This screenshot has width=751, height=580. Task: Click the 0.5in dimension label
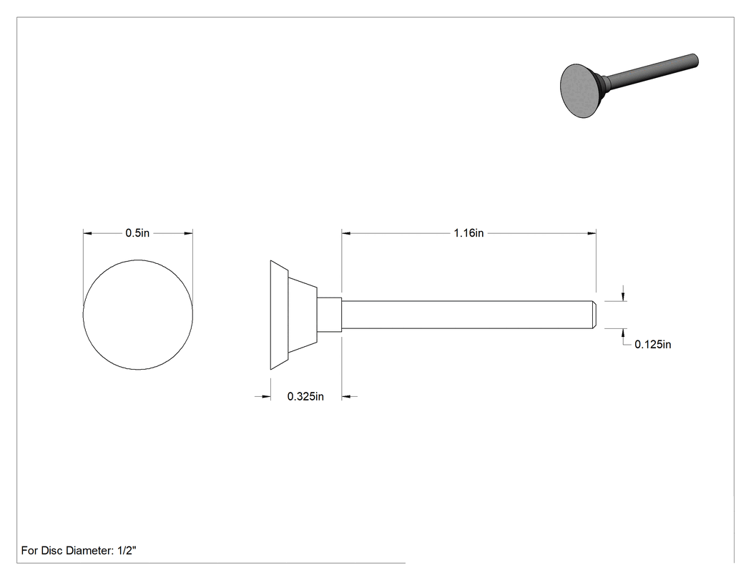[x=137, y=233]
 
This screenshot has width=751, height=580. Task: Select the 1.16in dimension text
[x=469, y=233]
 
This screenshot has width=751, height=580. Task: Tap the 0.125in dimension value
[x=653, y=345]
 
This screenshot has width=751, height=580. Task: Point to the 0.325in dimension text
[x=305, y=397]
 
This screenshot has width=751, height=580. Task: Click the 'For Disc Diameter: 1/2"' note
[x=79, y=551]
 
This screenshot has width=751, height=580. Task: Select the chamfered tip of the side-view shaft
[x=594, y=315]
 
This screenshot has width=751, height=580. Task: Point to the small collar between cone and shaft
[x=330, y=315]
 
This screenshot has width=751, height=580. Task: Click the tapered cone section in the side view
[x=303, y=315]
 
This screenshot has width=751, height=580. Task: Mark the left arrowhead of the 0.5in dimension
[x=87, y=233]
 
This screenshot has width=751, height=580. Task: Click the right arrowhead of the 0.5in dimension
[x=189, y=233]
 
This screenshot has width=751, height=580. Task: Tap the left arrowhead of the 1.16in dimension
[x=345, y=233]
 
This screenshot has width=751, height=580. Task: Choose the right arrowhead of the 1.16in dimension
[x=592, y=233]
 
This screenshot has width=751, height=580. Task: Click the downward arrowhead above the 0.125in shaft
[x=623, y=297]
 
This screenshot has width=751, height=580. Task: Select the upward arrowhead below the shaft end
[x=623, y=333]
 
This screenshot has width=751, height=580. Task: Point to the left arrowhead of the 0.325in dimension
[x=266, y=397]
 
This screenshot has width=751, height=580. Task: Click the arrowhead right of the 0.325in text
[x=346, y=397]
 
